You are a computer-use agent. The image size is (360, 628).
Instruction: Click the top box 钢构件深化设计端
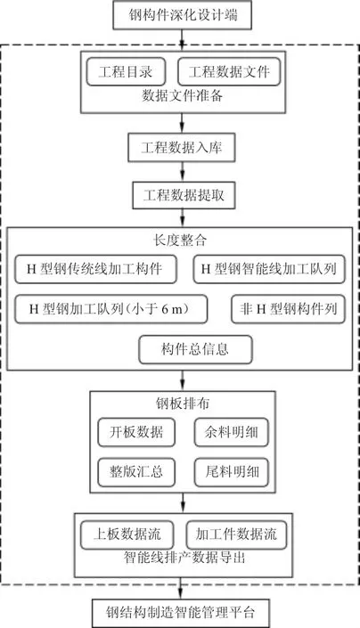click(x=182, y=15)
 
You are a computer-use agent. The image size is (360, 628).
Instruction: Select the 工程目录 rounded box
click(x=126, y=71)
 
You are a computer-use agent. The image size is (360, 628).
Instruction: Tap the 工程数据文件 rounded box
click(x=229, y=71)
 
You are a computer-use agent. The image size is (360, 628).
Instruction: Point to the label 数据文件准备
click(x=183, y=96)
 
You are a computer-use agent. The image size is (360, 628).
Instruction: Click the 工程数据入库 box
click(x=182, y=148)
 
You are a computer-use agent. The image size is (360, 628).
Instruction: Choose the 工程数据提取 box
click(x=184, y=195)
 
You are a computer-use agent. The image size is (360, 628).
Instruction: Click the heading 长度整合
click(x=180, y=240)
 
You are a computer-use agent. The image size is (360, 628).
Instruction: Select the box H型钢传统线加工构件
click(x=95, y=269)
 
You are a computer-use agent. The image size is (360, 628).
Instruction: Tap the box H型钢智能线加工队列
click(x=269, y=269)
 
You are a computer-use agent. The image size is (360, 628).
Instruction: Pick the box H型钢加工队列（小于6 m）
click(x=110, y=309)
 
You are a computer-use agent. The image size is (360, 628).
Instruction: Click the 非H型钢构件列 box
click(x=289, y=309)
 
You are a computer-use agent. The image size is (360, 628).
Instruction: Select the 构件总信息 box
click(x=195, y=350)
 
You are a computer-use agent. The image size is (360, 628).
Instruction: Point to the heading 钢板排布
click(x=183, y=404)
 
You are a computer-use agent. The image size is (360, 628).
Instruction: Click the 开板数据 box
click(x=136, y=433)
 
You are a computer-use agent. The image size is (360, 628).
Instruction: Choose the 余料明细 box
click(x=232, y=433)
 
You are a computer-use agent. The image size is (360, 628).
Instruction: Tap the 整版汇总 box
click(x=136, y=473)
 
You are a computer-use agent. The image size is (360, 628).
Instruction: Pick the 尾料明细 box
click(x=232, y=473)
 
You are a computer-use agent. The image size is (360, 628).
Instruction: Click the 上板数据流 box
click(x=127, y=534)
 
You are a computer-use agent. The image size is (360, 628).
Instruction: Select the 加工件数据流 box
click(x=236, y=534)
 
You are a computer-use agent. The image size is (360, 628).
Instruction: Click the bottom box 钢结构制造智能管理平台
click(x=181, y=613)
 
